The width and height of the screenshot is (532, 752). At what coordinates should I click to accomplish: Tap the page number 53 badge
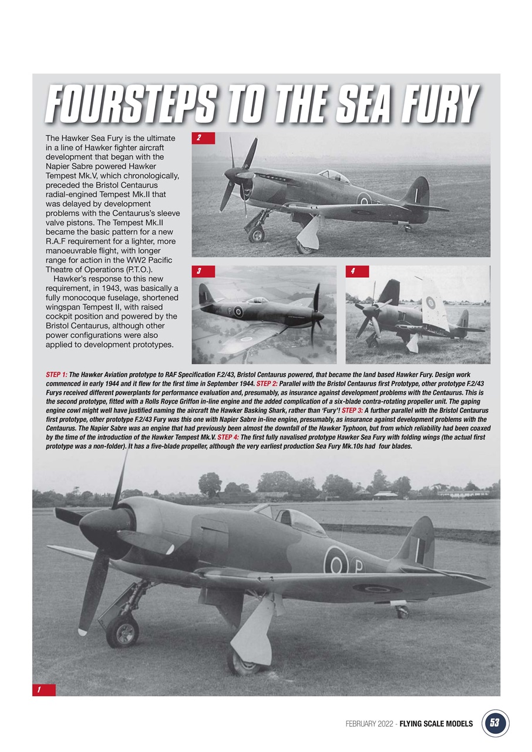click(495, 723)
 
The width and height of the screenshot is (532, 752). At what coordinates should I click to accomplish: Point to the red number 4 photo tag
click(357, 271)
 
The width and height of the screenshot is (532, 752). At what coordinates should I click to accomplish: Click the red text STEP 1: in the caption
click(56, 374)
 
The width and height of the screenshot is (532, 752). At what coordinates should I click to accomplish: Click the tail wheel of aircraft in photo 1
click(402, 612)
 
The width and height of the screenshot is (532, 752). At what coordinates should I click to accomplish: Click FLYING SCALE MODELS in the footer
click(436, 724)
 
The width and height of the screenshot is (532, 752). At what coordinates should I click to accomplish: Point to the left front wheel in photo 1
click(123, 630)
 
